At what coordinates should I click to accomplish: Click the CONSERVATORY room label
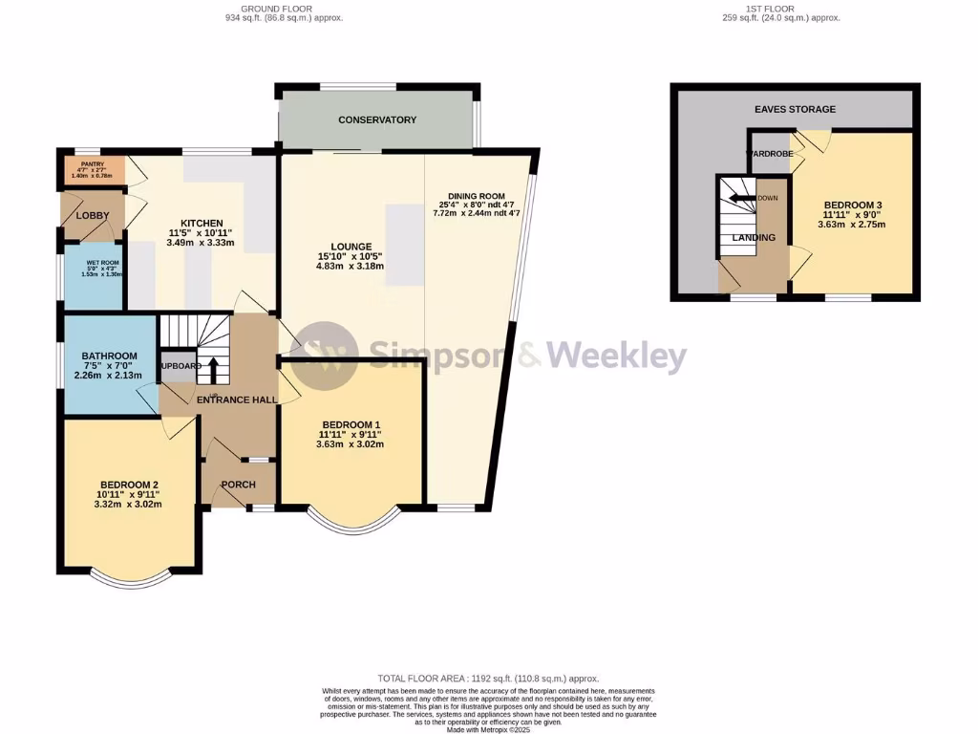tap(377, 119)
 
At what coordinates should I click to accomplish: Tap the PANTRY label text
tap(93, 164)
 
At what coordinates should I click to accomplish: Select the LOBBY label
tap(93, 215)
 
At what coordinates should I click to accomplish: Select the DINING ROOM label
tap(477, 193)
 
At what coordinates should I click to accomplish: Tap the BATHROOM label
tap(109, 356)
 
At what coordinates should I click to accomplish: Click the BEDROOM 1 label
tap(351, 424)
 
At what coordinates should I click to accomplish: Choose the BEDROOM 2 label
tap(128, 484)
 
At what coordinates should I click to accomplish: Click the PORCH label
tap(238, 485)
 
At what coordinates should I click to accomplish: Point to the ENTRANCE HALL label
tap(236, 399)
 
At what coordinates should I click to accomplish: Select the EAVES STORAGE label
tap(795, 109)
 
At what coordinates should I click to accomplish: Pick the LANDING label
tap(754, 237)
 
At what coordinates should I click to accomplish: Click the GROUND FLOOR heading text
tap(277, 8)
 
